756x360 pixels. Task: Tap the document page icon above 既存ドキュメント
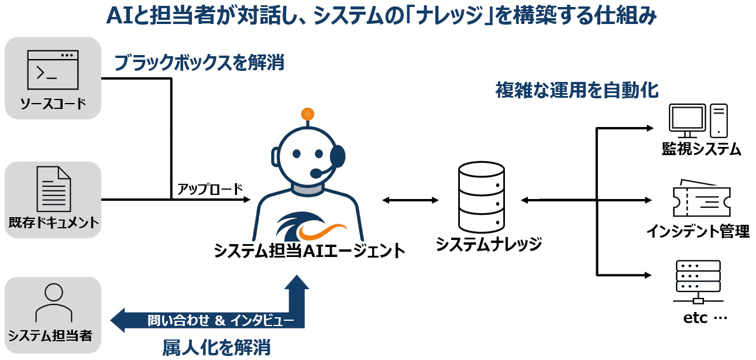point(53,188)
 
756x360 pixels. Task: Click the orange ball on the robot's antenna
point(304,113)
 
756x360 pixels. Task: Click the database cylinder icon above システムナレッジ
point(481,197)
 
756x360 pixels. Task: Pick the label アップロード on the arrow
point(202,188)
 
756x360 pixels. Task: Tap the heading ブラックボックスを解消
point(199,63)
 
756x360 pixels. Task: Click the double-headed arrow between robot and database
point(410,200)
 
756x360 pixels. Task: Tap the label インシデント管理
point(697,231)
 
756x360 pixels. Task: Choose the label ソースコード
point(53,104)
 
